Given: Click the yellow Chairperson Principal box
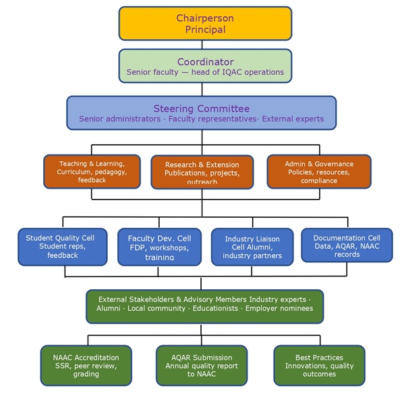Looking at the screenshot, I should coord(205,23).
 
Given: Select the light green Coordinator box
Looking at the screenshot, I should coord(205,65).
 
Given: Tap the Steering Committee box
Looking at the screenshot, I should coord(201,113).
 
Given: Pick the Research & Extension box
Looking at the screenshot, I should coord(202,172).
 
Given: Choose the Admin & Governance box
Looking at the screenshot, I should coord(319,171).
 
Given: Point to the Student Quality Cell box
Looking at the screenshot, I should coord(62,247).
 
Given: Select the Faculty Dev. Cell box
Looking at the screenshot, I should coord(159,247).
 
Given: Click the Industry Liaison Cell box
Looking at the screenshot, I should coord(252,247).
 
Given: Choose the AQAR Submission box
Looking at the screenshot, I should coord(202,365).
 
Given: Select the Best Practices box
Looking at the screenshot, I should coord(319,365).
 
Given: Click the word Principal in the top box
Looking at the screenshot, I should coord(205,30).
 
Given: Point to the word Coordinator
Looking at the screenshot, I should coord(205,61).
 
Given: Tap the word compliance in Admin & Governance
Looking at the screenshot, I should coord(319,181).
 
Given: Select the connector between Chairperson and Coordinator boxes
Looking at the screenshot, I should coord(205,44).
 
